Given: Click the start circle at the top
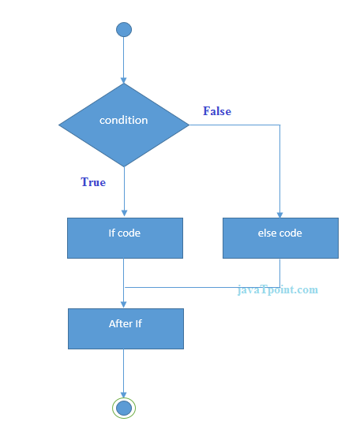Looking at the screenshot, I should (x=124, y=30).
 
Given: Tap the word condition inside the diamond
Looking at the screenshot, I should (x=124, y=121).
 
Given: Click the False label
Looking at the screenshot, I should (x=217, y=111).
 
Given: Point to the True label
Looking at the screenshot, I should (x=93, y=182).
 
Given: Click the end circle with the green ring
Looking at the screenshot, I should (x=124, y=407).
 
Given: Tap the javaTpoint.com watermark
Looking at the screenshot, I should (x=278, y=289).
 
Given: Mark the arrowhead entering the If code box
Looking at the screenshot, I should (x=124, y=214).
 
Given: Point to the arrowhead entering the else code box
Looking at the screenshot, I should (x=280, y=214).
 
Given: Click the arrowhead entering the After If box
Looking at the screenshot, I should (x=124, y=304).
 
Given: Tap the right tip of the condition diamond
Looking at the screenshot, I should (x=188, y=125).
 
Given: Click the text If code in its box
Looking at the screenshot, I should (x=125, y=233).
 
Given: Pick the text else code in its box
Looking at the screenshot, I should (x=279, y=233).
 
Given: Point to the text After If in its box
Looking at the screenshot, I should (x=126, y=323).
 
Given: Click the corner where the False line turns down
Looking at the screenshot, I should (x=280, y=125).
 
